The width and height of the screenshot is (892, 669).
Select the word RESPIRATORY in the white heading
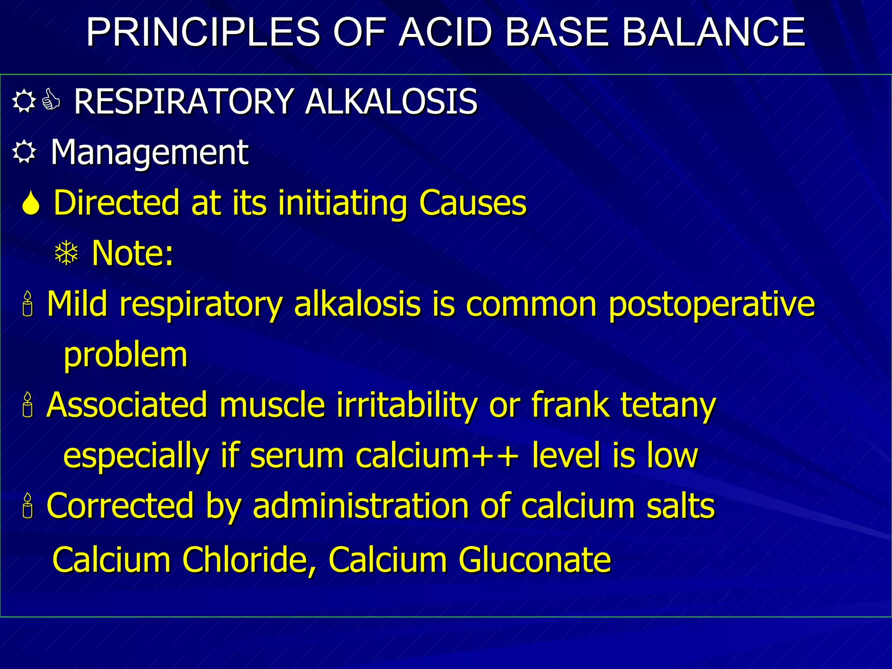pos(183,101)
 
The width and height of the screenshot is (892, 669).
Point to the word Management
pos(149,152)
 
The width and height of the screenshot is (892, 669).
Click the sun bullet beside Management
pos(24,152)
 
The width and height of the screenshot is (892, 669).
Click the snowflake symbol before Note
pos(66,253)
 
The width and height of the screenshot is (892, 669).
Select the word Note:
pos(132,253)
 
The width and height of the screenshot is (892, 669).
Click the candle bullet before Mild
pos(28,304)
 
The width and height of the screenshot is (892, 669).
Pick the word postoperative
pos(711,304)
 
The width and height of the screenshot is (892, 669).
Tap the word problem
pos(125,355)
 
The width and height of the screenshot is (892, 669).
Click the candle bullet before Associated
pos(28,405)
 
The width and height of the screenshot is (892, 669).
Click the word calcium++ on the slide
pos(437,456)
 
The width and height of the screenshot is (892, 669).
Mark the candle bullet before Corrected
pos(28,506)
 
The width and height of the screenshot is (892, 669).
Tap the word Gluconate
pos(535,559)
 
